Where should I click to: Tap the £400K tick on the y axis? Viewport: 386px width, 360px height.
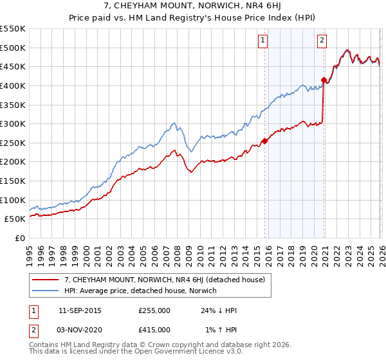pos(13,85)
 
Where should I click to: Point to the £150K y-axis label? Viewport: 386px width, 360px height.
pos(13,181)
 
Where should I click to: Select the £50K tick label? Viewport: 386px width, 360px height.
pos(15,219)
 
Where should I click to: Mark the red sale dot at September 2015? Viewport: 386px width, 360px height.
pos(264,141)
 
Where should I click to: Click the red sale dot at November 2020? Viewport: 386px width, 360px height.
pos(324,80)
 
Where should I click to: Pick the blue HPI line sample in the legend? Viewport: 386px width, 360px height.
pos(46,291)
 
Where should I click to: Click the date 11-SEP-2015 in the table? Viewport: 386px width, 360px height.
pos(80,310)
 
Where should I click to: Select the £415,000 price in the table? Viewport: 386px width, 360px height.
pos(154,330)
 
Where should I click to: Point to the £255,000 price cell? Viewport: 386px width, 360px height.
pos(154,310)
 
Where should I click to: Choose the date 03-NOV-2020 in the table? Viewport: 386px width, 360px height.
pos(80,330)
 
